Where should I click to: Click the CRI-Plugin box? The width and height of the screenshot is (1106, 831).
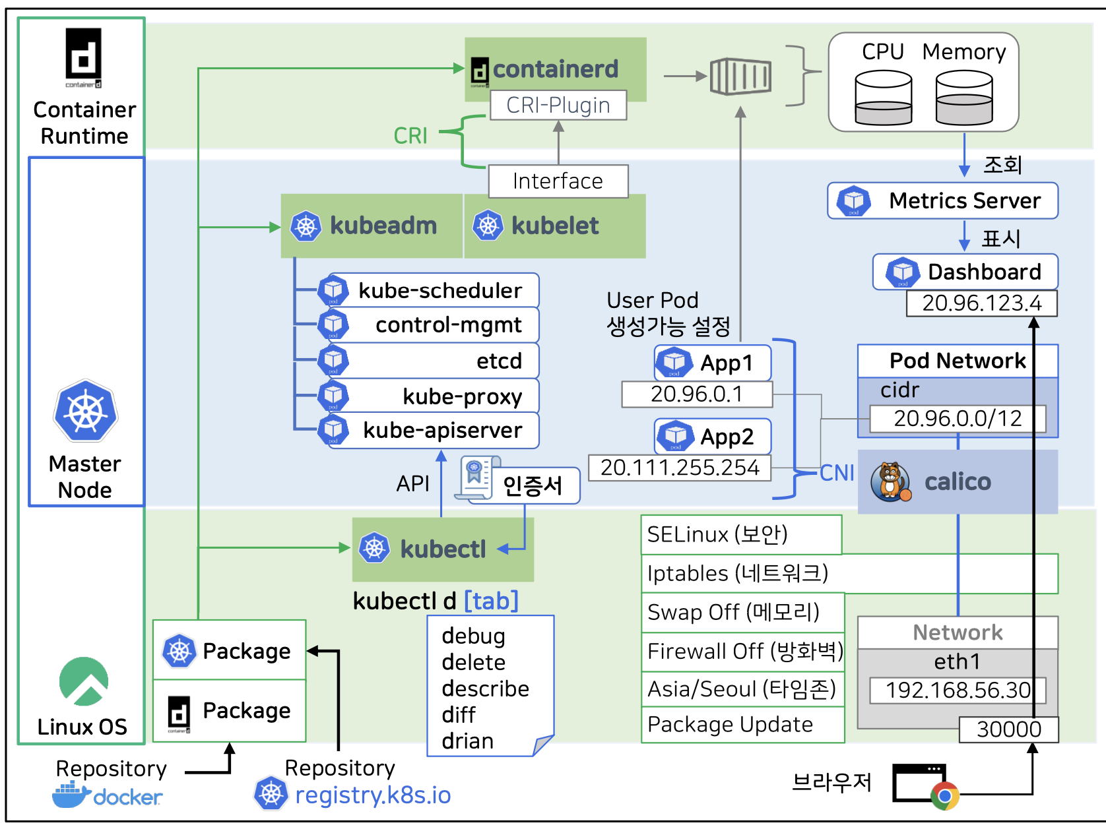pyautogui.click(x=558, y=106)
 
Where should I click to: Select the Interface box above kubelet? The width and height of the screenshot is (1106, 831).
pyautogui.click(x=558, y=181)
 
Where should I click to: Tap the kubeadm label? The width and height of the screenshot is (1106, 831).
pyautogui.click(x=383, y=226)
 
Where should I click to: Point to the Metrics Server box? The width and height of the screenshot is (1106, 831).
pyautogui.click(x=943, y=200)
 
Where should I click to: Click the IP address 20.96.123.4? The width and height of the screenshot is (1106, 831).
pyautogui.click(x=981, y=303)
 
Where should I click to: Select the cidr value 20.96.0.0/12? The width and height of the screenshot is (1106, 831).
pyautogui.click(x=958, y=419)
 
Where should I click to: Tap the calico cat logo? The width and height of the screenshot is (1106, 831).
pyautogui.click(x=890, y=481)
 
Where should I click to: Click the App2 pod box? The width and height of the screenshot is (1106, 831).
pyautogui.click(x=713, y=437)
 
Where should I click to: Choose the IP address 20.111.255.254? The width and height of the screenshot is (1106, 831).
pyautogui.click(x=680, y=468)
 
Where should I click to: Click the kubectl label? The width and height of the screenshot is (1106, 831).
pyautogui.click(x=443, y=549)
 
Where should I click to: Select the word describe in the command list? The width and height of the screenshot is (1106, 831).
pyautogui.click(x=486, y=689)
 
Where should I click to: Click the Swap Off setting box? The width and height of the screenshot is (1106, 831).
pyautogui.click(x=742, y=612)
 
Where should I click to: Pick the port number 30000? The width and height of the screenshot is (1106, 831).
pyautogui.click(x=1008, y=729)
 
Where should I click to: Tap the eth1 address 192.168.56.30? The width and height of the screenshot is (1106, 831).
pyautogui.click(x=958, y=691)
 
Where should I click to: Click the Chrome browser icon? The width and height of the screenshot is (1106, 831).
pyautogui.click(x=944, y=796)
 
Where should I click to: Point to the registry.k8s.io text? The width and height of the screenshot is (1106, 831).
pyautogui.click(x=373, y=795)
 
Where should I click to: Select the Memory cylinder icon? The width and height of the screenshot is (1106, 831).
pyautogui.click(x=964, y=98)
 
